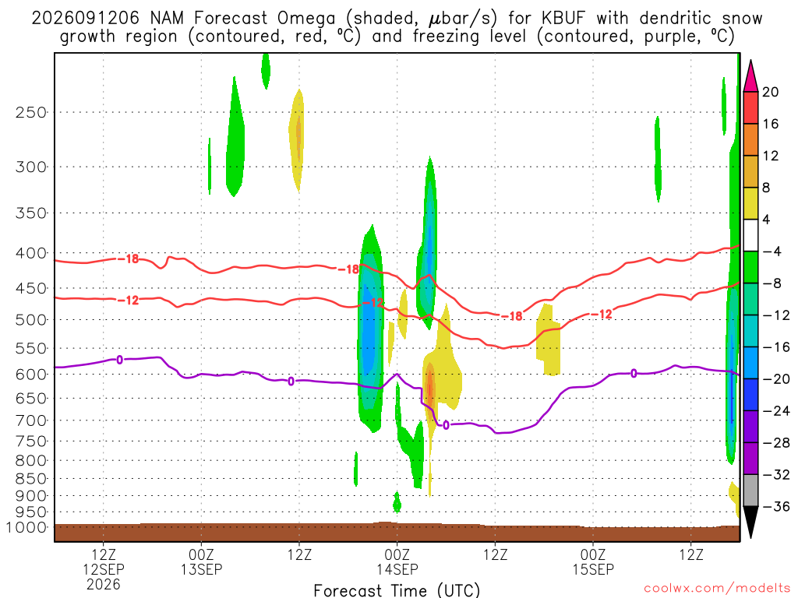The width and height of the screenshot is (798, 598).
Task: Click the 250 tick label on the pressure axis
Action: click(31, 112)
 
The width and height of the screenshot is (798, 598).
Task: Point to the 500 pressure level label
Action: click(31, 320)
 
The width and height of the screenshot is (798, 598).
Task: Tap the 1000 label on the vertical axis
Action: click(27, 527)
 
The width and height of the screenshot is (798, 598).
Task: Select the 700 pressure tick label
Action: click(31, 420)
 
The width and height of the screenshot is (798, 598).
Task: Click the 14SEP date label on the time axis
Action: click(397, 569)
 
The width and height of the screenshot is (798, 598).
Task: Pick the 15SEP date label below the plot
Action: click(593, 569)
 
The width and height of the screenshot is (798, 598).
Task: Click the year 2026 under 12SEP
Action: click(104, 584)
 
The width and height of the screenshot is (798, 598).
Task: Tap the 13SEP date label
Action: click(202, 569)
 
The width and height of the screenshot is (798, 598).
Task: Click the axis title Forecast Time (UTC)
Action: click(397, 590)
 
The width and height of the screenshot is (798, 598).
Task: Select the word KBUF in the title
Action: click(563, 19)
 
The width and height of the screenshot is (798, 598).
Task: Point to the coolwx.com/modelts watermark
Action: click(717, 589)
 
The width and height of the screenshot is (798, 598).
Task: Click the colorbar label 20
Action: click(770, 92)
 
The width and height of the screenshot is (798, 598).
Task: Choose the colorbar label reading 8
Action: click(766, 188)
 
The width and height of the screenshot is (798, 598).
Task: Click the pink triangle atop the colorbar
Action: click(750, 77)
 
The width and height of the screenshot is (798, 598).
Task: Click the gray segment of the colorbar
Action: click(750, 491)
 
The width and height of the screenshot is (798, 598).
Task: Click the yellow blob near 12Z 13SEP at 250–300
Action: click(297, 141)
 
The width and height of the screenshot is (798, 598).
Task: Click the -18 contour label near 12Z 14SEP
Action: click(512, 316)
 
